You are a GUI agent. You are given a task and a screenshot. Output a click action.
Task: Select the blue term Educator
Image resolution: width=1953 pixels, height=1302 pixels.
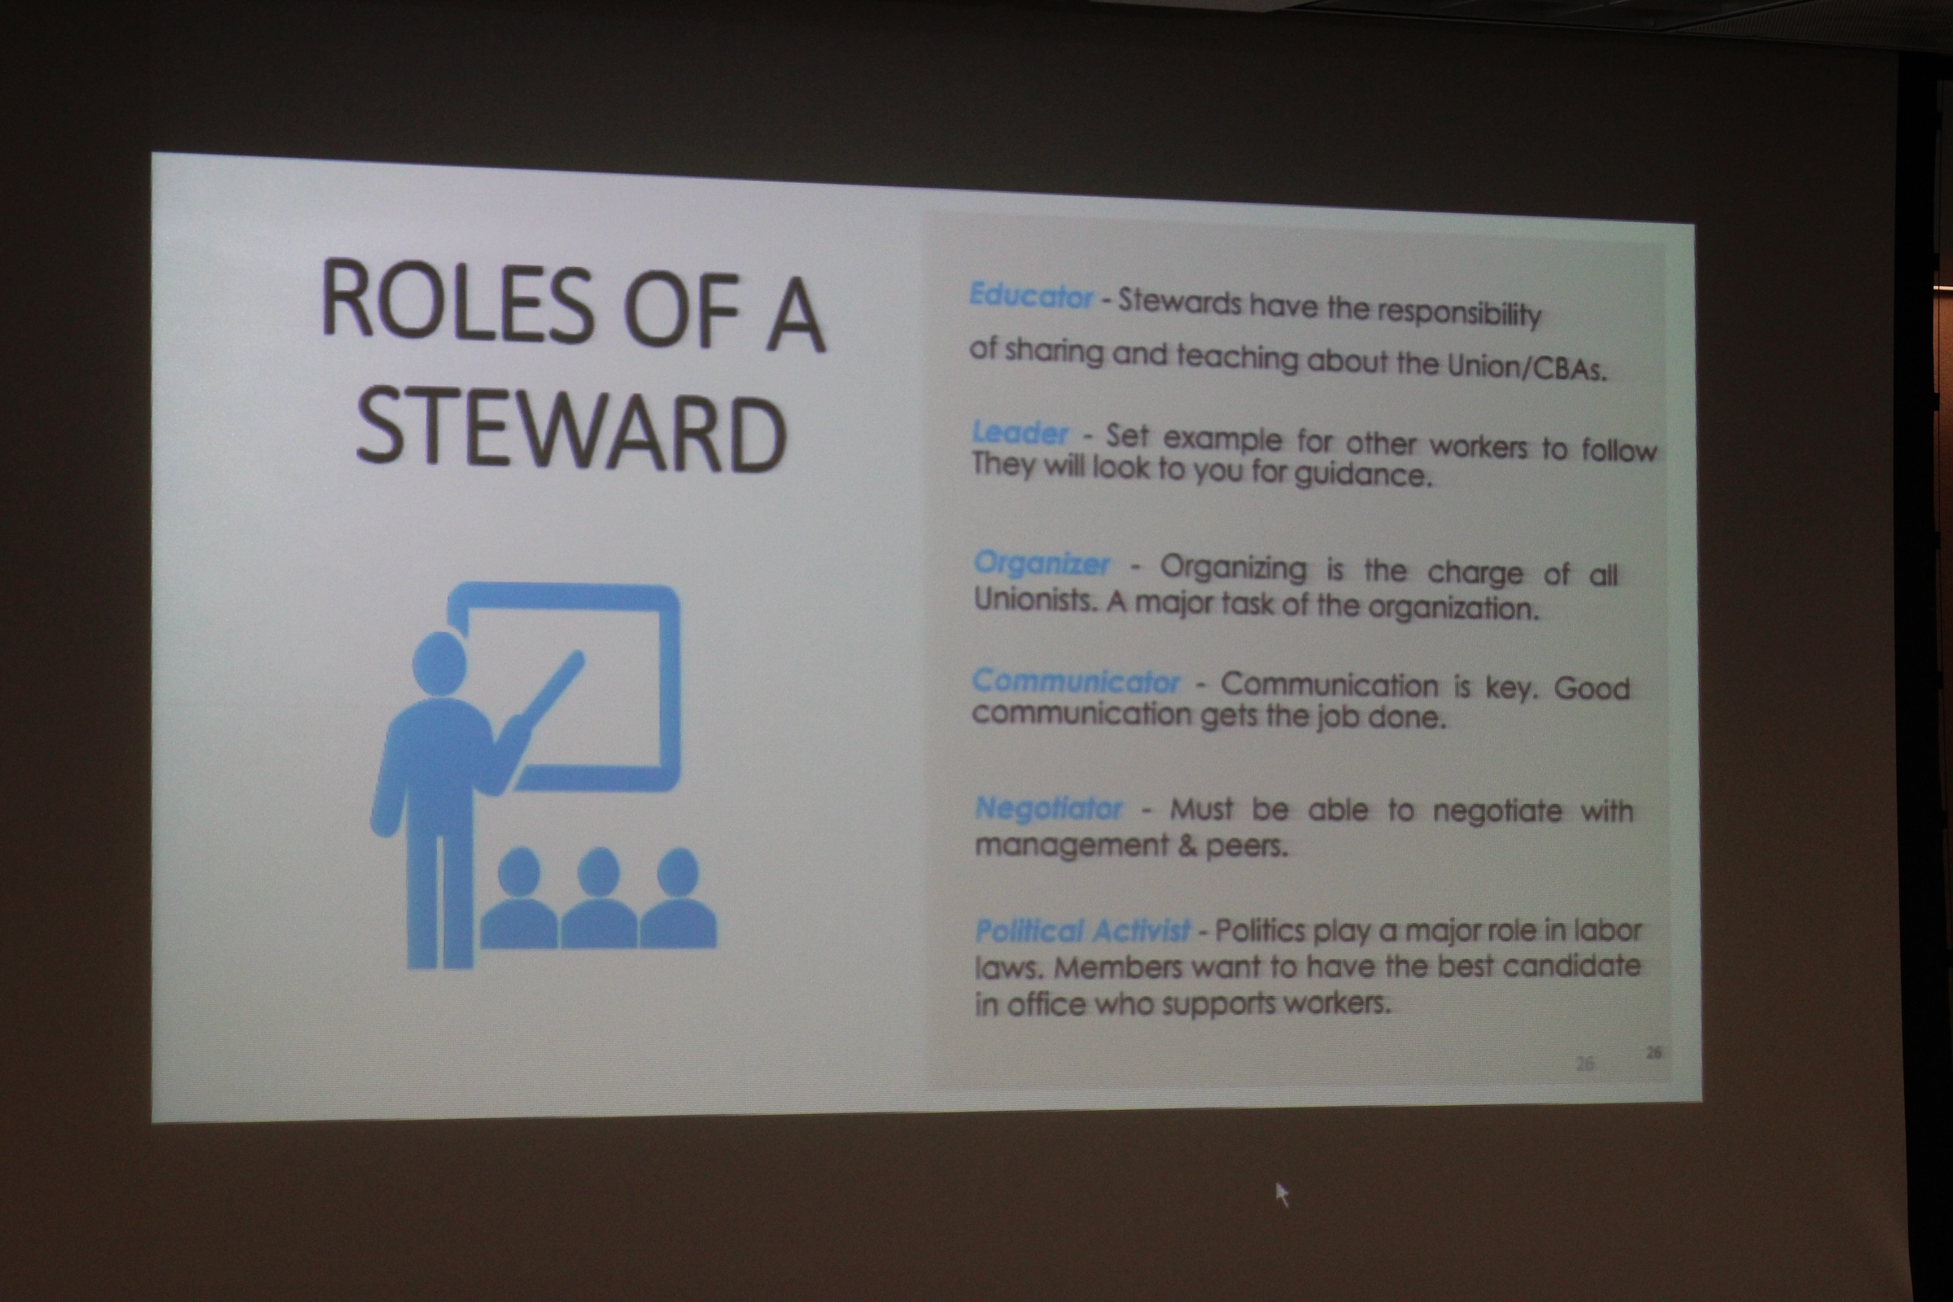1030,296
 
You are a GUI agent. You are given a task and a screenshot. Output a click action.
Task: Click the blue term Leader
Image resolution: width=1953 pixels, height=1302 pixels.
1020,434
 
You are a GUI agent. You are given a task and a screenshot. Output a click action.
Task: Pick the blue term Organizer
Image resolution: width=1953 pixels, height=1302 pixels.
1042,564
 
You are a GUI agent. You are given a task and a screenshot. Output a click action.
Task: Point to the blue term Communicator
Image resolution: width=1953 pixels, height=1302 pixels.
1075,681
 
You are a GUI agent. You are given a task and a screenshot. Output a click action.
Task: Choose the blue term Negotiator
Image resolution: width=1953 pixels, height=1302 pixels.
1049,807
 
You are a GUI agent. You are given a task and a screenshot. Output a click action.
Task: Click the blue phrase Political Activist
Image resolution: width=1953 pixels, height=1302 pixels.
1083,931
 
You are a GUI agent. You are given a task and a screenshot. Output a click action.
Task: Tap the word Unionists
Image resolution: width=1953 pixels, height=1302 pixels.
1035,600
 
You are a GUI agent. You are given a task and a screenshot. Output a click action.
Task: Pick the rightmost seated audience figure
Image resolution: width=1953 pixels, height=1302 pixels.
679,898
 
